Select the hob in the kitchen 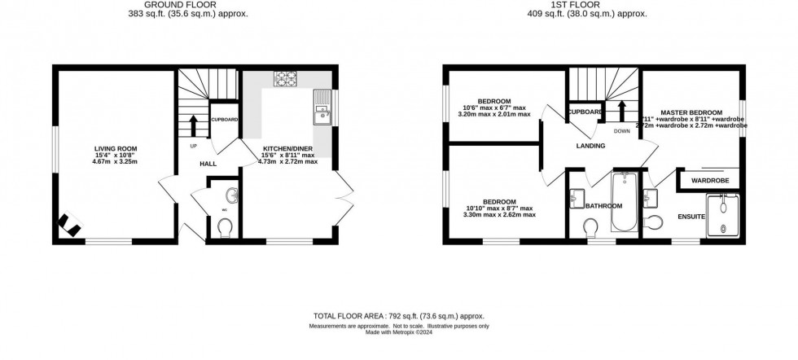[x=286, y=80]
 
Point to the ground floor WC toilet [x=226, y=226]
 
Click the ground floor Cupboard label [x=225, y=120]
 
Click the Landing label [x=590, y=147]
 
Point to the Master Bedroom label [x=691, y=112]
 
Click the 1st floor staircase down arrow [x=622, y=111]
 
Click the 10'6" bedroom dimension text [x=493, y=108]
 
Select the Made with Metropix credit [x=398, y=332]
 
